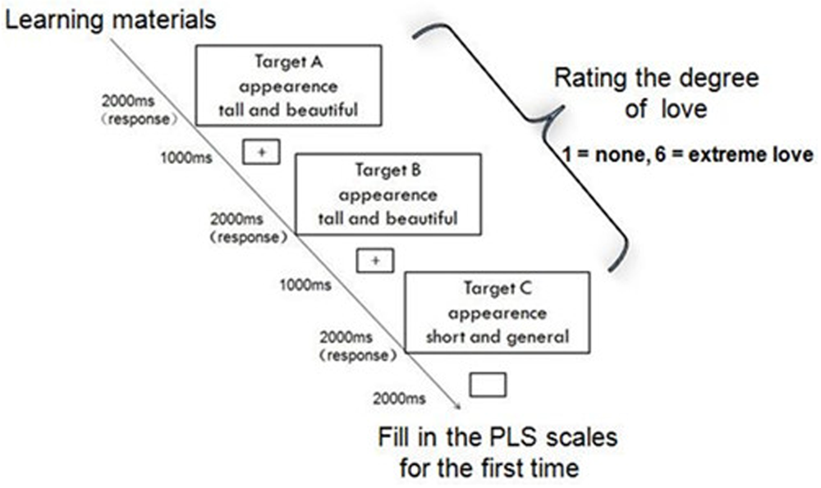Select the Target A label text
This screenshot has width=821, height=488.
click(287, 63)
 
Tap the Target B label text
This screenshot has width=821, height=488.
click(388, 171)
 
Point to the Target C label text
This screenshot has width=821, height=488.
click(498, 289)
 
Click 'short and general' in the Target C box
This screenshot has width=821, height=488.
click(498, 336)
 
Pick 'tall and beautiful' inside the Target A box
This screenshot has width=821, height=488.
click(287, 109)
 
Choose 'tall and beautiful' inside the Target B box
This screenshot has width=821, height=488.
click(388, 219)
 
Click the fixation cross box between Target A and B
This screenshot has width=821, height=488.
click(262, 152)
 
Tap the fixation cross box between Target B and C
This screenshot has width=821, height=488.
click(374, 261)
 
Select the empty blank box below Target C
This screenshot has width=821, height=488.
click(487, 385)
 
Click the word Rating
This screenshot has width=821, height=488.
click(596, 80)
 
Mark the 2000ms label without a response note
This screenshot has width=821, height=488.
click(399, 399)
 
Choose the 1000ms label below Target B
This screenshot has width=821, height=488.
click(305, 285)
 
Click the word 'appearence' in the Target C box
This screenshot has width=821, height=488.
click(498, 312)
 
